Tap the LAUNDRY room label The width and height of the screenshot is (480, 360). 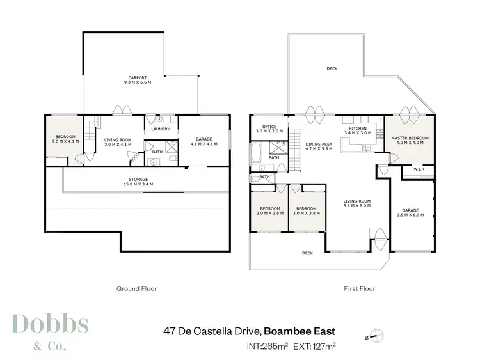pyautogui.click(x=160, y=129)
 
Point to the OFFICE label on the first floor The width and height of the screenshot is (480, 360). pyautogui.click(x=269, y=127)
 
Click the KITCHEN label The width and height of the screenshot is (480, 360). pyautogui.click(x=357, y=129)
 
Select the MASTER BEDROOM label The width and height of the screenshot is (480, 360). pyautogui.click(x=410, y=138)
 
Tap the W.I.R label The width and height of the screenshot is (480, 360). pyautogui.click(x=420, y=169)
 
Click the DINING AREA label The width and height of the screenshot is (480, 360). pyautogui.click(x=317, y=144)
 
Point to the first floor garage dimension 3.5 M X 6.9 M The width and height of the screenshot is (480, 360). pyautogui.click(x=410, y=214)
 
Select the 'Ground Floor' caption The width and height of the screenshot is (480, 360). pyautogui.click(x=136, y=288)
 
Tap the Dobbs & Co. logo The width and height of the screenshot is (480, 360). pyautogui.click(x=50, y=331)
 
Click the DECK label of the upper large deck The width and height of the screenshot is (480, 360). pyautogui.click(x=332, y=69)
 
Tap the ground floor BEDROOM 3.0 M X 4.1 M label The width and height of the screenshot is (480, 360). pyautogui.click(x=64, y=139)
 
